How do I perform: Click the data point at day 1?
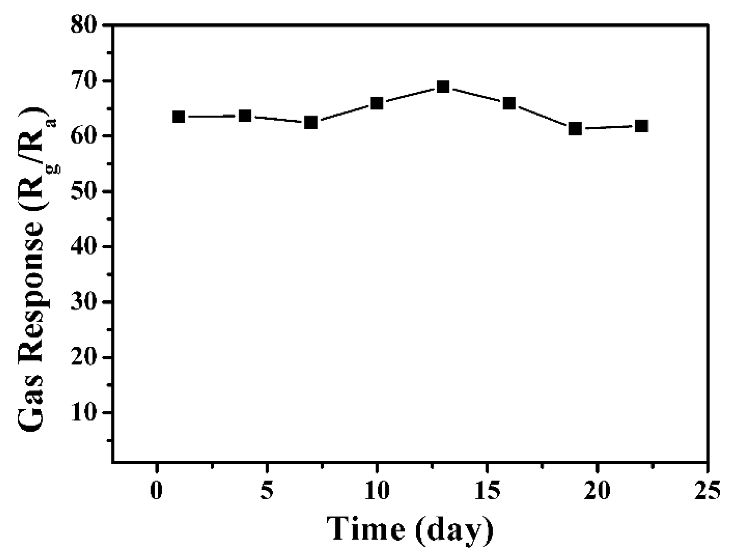178,117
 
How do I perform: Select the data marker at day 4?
245,116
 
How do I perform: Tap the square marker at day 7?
311,122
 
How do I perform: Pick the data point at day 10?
377,103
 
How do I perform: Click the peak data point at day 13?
443,87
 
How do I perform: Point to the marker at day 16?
509,103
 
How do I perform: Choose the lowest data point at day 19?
575,129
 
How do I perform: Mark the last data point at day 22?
641,126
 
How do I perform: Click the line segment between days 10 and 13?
410,95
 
